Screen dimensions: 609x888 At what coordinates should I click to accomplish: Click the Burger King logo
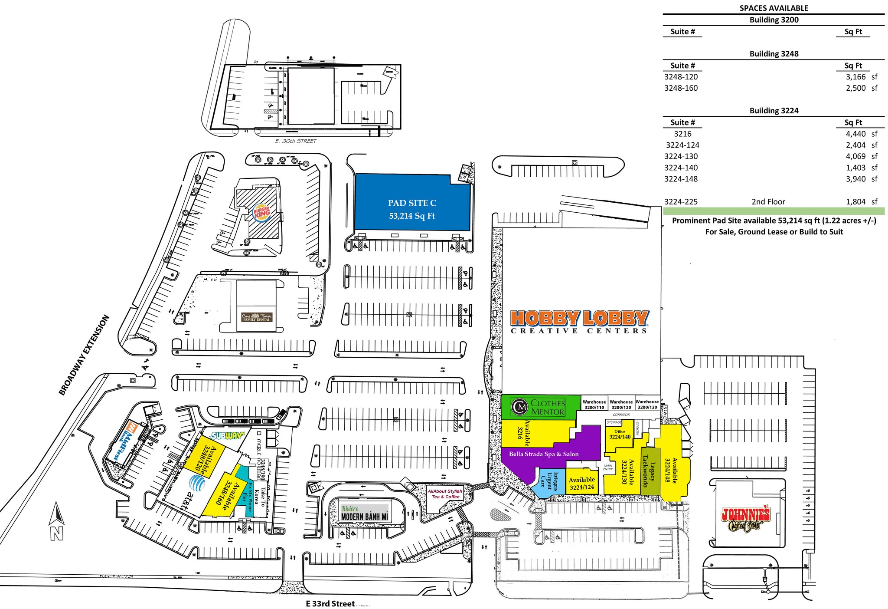click(261, 213)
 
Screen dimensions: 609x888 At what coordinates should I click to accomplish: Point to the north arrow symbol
click(56, 521)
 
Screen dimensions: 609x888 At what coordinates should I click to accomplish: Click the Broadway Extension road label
click(84, 355)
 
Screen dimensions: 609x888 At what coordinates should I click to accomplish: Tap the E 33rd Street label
click(330, 603)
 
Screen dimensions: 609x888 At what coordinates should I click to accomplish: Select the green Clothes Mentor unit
click(540, 407)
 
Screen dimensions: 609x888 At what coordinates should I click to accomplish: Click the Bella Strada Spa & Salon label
click(544, 454)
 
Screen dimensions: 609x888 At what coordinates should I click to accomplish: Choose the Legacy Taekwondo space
click(649, 471)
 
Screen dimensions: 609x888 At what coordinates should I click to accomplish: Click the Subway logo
click(228, 435)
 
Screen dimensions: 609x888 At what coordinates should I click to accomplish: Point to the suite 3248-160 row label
click(681, 88)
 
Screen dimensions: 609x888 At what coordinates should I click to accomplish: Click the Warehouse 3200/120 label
click(621, 405)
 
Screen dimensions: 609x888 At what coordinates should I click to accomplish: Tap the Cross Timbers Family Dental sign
click(257, 317)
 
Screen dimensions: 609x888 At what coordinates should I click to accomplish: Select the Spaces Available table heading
click(774, 8)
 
